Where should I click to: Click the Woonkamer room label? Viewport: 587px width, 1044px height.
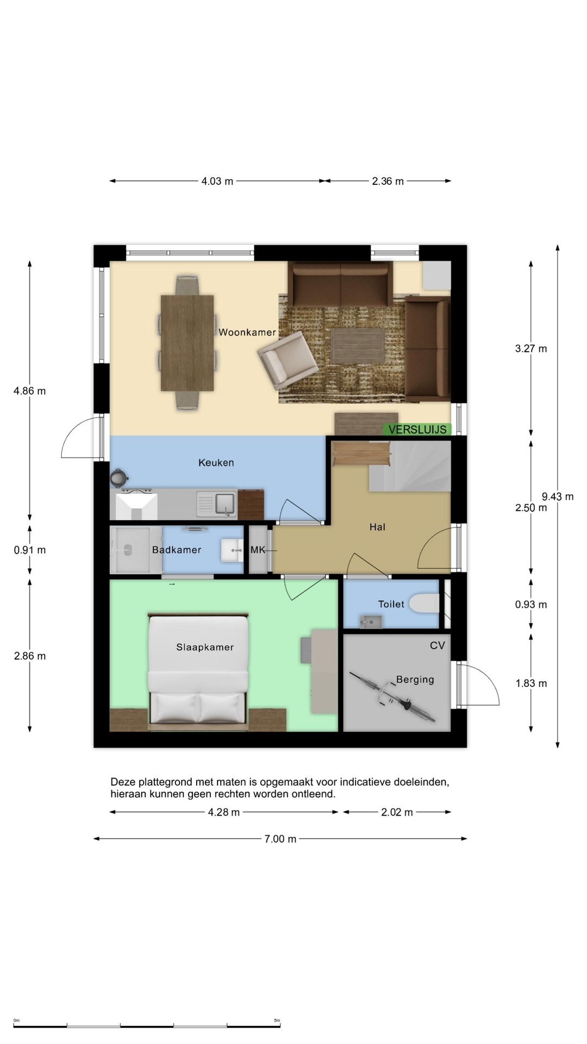pos(247,332)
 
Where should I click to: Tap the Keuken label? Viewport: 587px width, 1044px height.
pos(216,463)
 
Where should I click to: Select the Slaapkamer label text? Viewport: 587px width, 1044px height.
pos(205,647)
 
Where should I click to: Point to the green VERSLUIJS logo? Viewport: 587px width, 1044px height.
pos(417,430)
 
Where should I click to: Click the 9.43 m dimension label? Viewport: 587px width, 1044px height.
pos(558,496)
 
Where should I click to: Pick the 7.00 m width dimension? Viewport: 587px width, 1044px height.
pos(280,839)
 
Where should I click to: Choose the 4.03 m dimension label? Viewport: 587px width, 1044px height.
pos(217,181)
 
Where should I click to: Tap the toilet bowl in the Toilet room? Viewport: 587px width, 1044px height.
pos(424,604)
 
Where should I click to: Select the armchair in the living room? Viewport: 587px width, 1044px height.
pos(288,360)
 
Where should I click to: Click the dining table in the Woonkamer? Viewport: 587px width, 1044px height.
pos(188,343)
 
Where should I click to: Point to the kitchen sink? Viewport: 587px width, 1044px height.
pos(217,505)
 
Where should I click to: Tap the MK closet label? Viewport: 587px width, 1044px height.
pos(258,550)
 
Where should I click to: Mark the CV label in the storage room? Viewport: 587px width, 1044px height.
pos(438,645)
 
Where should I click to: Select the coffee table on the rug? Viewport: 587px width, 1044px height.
pos(358,346)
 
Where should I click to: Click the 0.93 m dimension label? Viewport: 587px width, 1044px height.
pos(531,604)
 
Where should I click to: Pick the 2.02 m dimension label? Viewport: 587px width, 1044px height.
pos(397,812)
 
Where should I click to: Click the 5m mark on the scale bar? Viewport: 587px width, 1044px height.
pos(277,1021)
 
